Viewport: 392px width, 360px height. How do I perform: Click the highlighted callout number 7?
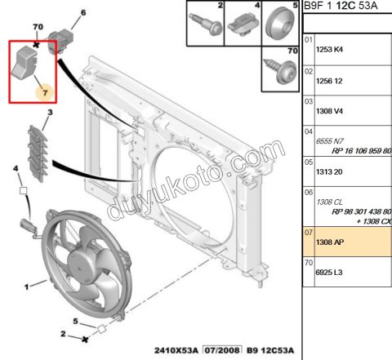[x=45, y=93]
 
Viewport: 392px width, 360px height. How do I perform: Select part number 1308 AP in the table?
[x=330, y=242]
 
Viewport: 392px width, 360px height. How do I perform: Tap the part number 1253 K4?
[x=329, y=50]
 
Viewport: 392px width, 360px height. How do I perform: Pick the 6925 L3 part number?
[x=329, y=272]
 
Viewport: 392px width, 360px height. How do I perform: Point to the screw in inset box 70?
[x=280, y=70]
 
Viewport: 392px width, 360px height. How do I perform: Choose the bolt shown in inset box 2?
[x=206, y=24]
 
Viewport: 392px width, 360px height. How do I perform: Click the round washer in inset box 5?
[x=280, y=24]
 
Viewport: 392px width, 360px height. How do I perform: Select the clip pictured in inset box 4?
[x=243, y=25]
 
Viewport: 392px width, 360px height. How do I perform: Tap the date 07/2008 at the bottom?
[x=222, y=350]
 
